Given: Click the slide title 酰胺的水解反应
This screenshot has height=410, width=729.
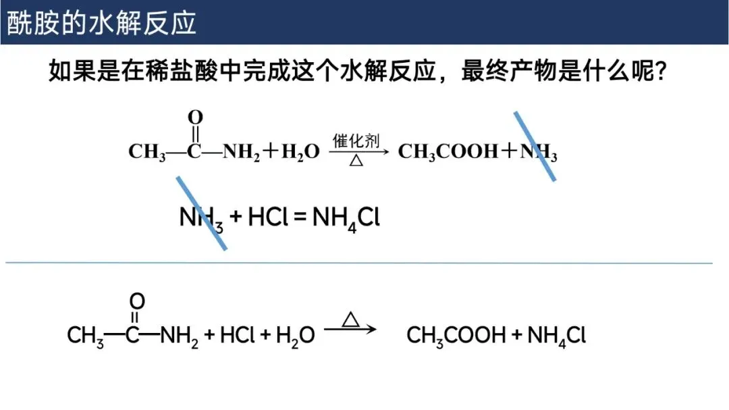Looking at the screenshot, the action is click(x=101, y=22).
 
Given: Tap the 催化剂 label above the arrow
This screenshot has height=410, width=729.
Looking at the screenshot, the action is click(x=356, y=141).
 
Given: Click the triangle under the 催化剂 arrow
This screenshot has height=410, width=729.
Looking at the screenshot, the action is click(x=356, y=161).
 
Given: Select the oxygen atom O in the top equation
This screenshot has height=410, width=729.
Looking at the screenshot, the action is click(x=195, y=118).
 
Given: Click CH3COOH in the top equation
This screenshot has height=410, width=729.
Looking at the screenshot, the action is click(x=448, y=152).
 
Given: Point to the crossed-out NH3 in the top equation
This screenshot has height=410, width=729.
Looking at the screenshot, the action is click(x=539, y=153).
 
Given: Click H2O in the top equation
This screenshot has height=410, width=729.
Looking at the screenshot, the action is click(x=300, y=153).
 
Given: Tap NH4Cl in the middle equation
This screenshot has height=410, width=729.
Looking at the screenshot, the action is click(x=346, y=217).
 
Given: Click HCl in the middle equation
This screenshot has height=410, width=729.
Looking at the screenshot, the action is click(x=269, y=217).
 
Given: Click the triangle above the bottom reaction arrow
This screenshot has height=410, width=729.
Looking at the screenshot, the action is click(x=350, y=319).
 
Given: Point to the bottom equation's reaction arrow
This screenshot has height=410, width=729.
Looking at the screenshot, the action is click(x=350, y=330).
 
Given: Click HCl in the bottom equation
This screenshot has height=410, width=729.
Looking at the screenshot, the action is click(x=237, y=335).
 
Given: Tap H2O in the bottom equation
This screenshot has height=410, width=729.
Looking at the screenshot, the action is click(x=296, y=335).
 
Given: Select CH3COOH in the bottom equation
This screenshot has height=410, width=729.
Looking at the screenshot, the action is click(x=456, y=335).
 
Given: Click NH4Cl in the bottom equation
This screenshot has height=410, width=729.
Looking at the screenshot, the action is click(x=557, y=335).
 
